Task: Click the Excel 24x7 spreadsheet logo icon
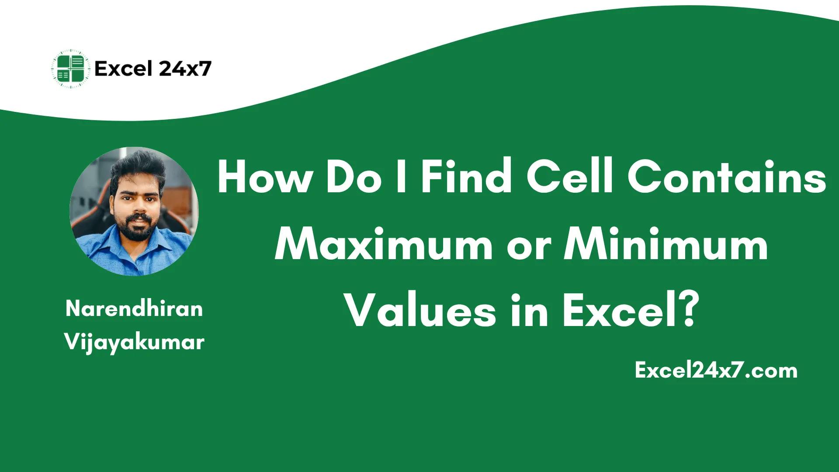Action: [x=70, y=69]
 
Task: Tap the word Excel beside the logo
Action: [x=123, y=69]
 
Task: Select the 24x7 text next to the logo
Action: [x=185, y=69]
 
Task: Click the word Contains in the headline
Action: [x=726, y=177]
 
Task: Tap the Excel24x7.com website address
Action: [x=716, y=371]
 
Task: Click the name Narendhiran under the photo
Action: [x=134, y=309]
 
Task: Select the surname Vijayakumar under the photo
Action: [x=134, y=342]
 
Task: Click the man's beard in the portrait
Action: [x=135, y=227]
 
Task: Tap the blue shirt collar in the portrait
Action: [x=131, y=247]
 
